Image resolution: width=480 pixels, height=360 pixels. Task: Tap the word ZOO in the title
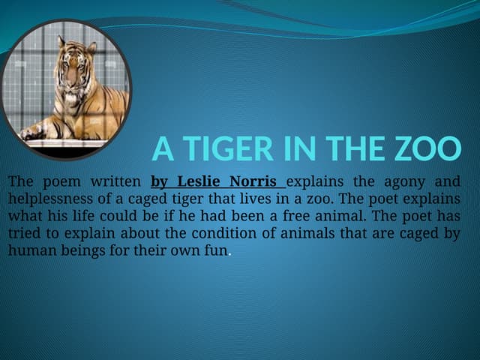(x=429, y=149)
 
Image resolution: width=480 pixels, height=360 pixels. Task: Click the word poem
(x=64, y=181)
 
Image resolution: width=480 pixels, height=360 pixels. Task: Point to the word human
(x=31, y=250)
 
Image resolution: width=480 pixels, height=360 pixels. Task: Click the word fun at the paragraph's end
(x=216, y=250)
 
